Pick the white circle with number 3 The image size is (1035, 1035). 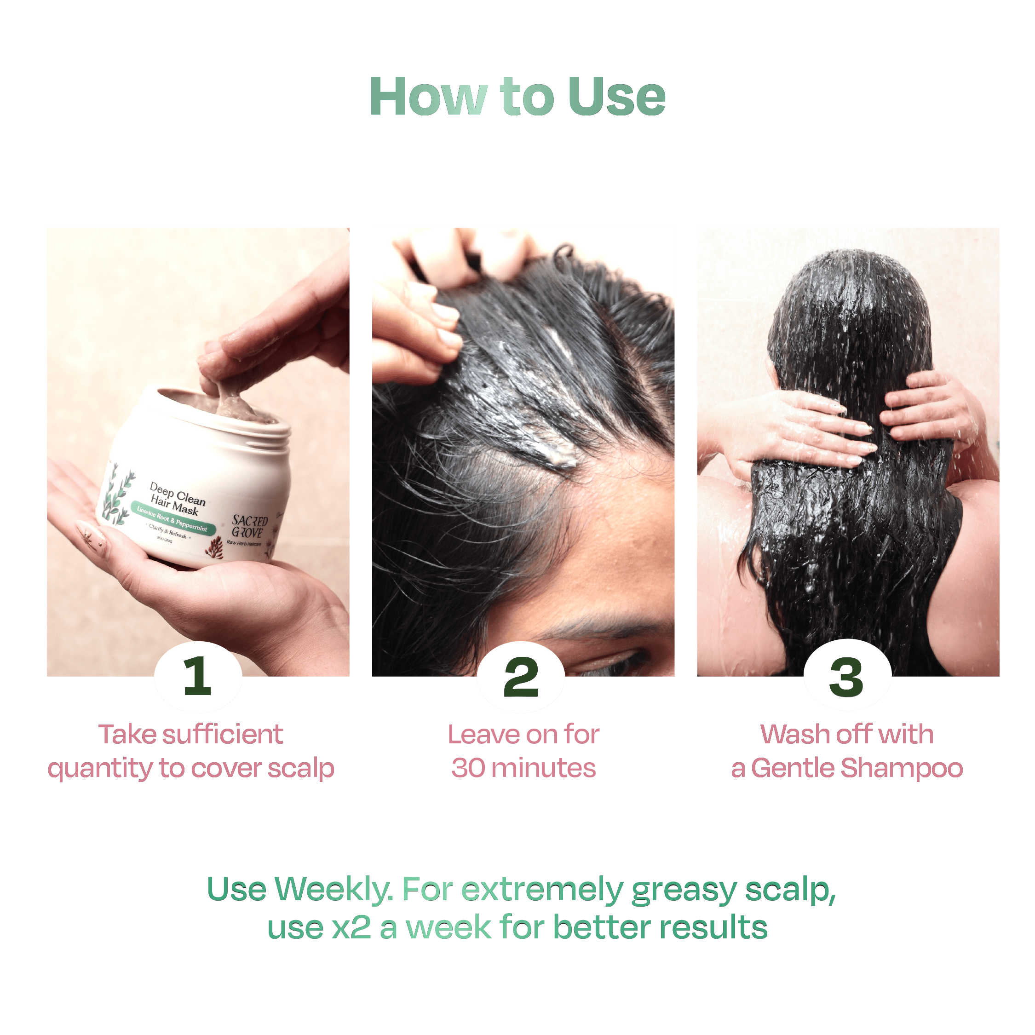[847, 676]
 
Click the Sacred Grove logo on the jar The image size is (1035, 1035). [249, 527]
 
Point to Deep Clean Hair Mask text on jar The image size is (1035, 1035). [177, 498]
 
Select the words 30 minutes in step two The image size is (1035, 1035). [523, 768]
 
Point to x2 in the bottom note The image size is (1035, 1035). [351, 928]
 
